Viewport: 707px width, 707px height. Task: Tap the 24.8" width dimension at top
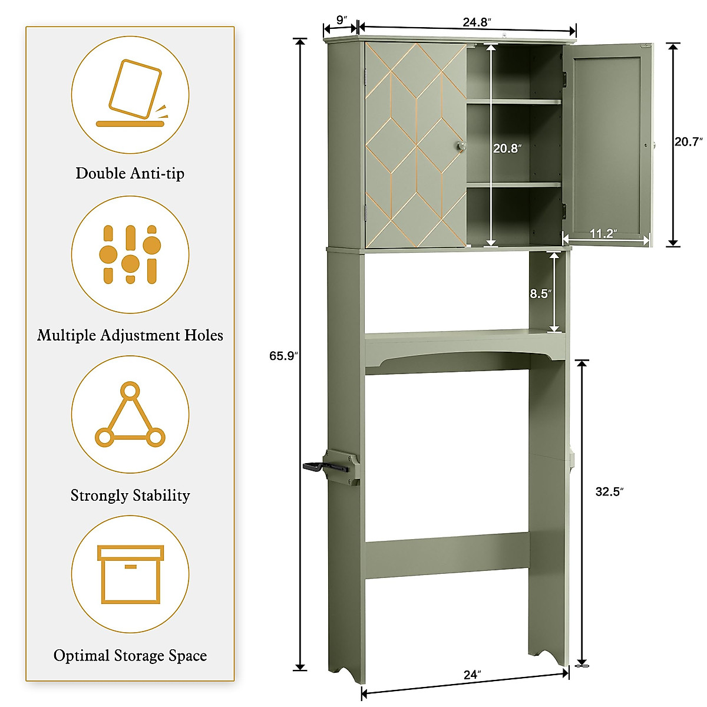477,22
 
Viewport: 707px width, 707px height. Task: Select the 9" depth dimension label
342,19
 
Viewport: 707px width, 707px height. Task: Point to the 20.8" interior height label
507,148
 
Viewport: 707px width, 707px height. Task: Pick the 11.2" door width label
603,234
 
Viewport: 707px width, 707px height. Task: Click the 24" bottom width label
472,675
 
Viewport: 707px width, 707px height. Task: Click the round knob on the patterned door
461,146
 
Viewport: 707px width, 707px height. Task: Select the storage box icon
130,574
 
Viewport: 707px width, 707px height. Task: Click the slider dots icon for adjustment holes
130,255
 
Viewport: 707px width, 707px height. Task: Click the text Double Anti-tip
130,174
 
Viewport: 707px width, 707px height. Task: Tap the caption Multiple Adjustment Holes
130,335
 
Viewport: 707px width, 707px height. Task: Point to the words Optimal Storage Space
130,656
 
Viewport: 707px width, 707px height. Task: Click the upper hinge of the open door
565,78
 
